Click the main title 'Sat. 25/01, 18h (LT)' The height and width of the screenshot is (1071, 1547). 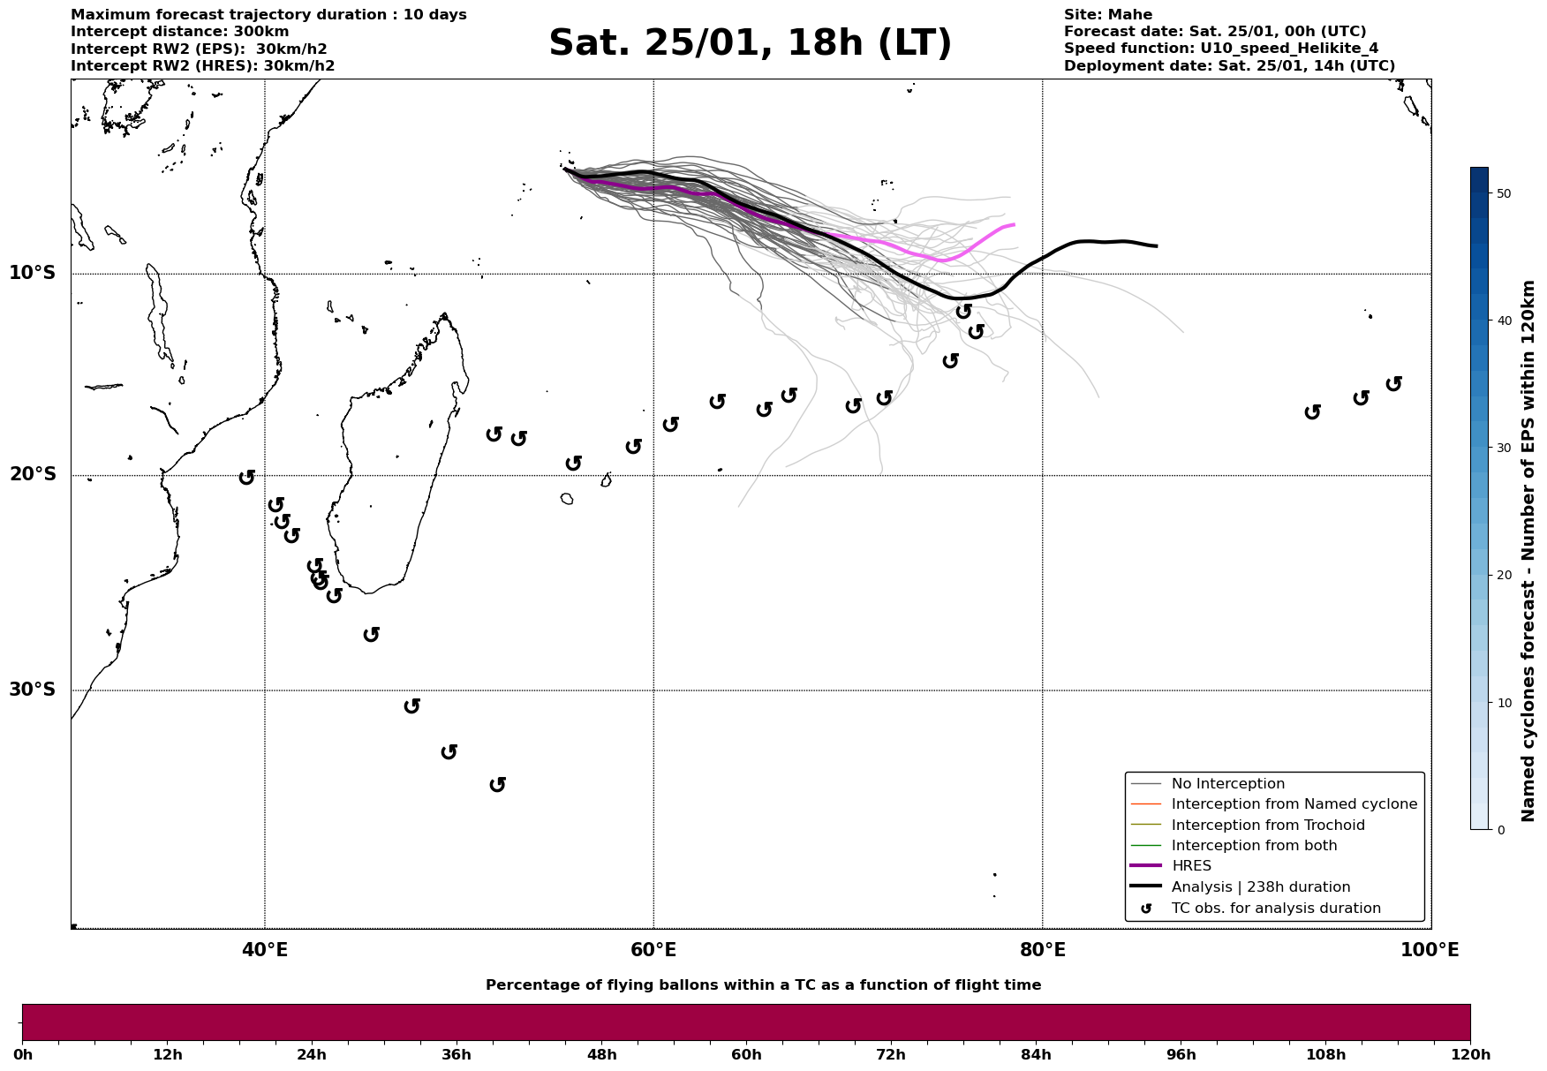[x=750, y=43]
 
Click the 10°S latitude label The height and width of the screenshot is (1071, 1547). [x=33, y=273]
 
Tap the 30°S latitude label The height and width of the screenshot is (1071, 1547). [x=33, y=690]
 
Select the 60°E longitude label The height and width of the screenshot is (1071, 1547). [x=653, y=950]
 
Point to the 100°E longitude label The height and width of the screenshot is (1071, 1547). [x=1430, y=950]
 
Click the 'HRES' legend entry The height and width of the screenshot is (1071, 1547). [x=1191, y=866]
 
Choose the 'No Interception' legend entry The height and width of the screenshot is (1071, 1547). [x=1227, y=784]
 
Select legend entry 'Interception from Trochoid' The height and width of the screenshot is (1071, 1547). [x=1267, y=826]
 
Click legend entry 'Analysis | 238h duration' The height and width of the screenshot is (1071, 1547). [x=1260, y=887]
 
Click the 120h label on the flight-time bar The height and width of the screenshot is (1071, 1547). [x=1470, y=1054]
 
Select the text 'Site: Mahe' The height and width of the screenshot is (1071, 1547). [x=1107, y=15]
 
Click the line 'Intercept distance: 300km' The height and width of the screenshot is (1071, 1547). [x=179, y=32]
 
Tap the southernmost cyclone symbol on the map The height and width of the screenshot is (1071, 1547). [x=497, y=784]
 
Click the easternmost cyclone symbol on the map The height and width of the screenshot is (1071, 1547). [x=1393, y=383]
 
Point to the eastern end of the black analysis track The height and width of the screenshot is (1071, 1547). [x=1157, y=245]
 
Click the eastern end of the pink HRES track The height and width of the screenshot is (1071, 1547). [x=1014, y=225]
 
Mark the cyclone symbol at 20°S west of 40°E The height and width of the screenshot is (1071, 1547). [x=246, y=477]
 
